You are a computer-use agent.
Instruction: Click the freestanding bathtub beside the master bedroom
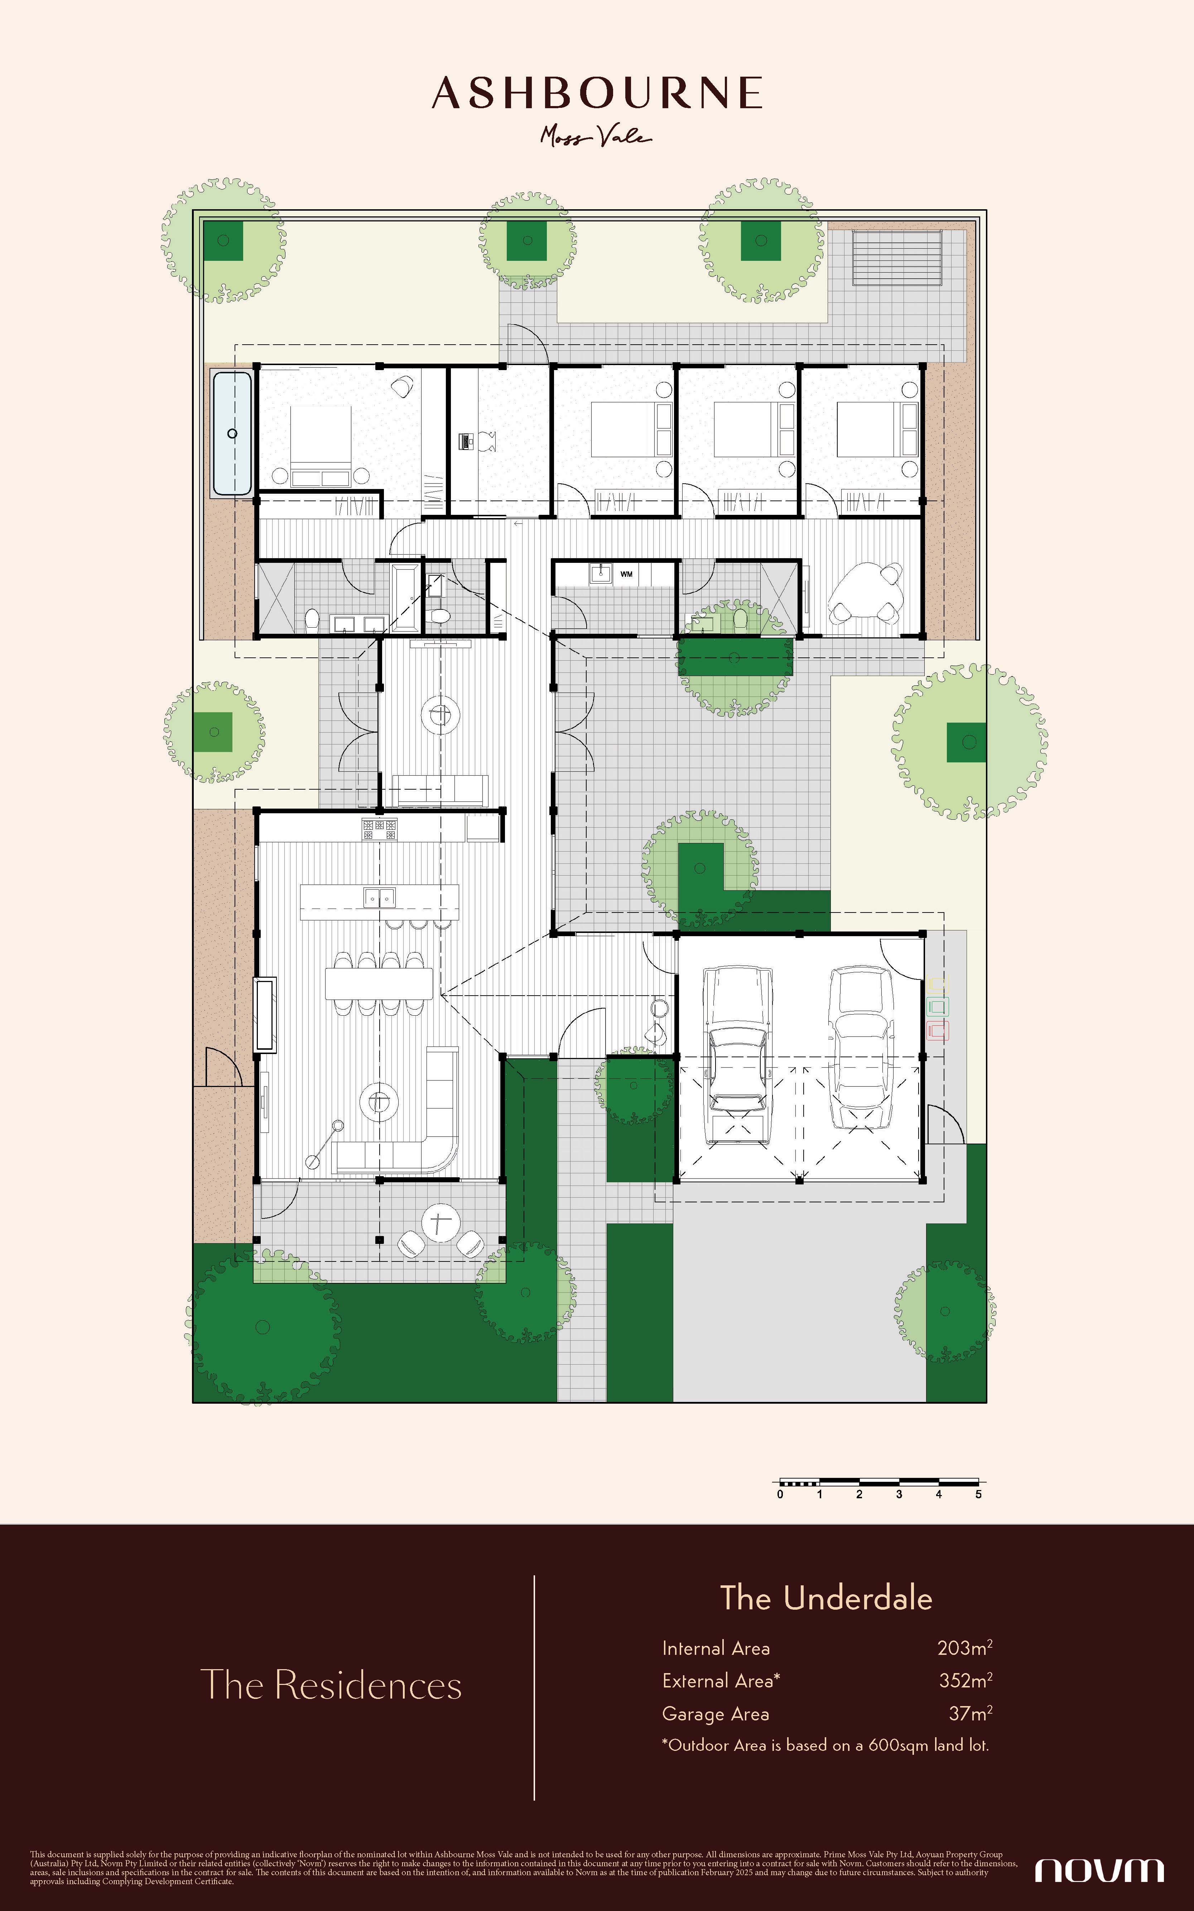click(x=232, y=433)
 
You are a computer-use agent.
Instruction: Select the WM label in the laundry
click(x=626, y=574)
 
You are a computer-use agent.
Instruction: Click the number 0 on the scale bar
click(x=780, y=1494)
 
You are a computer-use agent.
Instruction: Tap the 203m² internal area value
click(x=964, y=1647)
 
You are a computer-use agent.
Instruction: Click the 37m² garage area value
click(x=971, y=1714)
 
